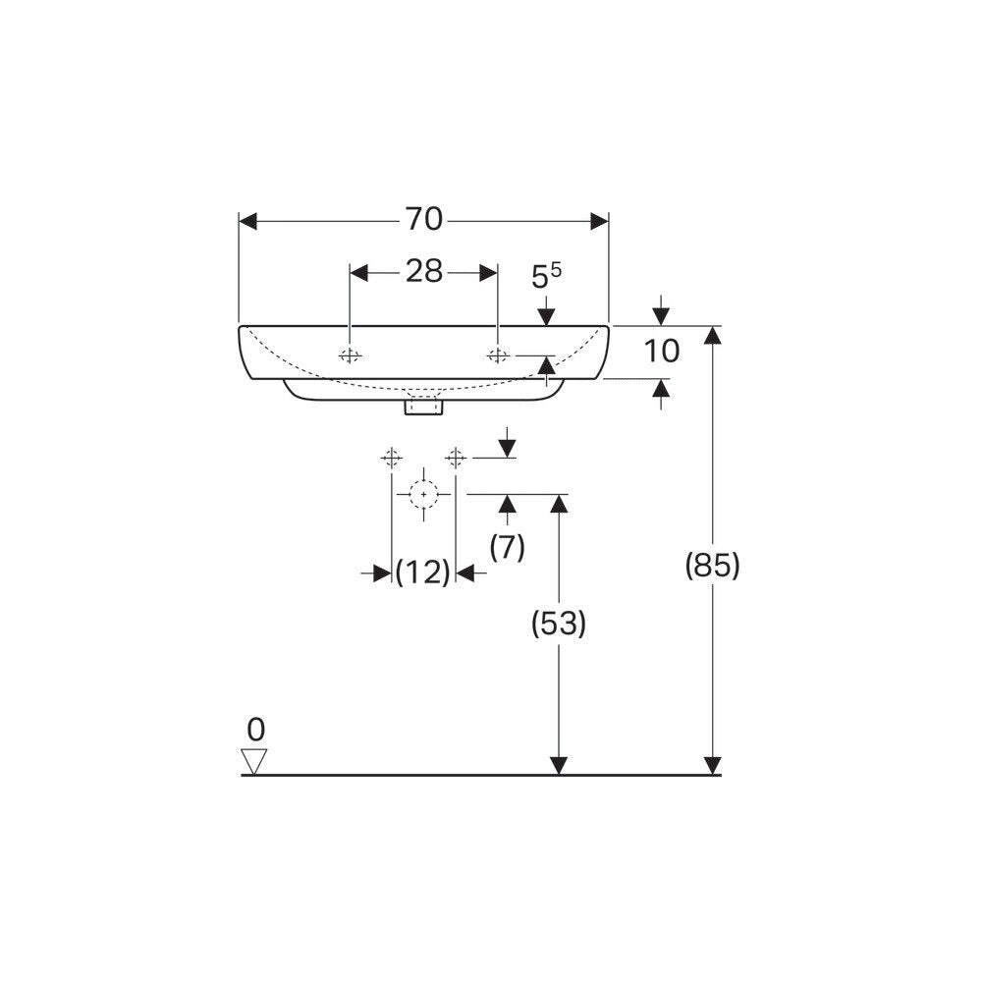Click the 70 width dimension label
click(424, 220)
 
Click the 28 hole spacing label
click(424, 272)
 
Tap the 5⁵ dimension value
click(546, 276)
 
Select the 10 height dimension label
click(661, 352)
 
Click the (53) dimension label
click(558, 624)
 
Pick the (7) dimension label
click(507, 548)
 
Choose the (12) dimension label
click(423, 572)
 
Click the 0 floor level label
click(255, 730)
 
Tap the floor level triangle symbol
click(255, 761)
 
